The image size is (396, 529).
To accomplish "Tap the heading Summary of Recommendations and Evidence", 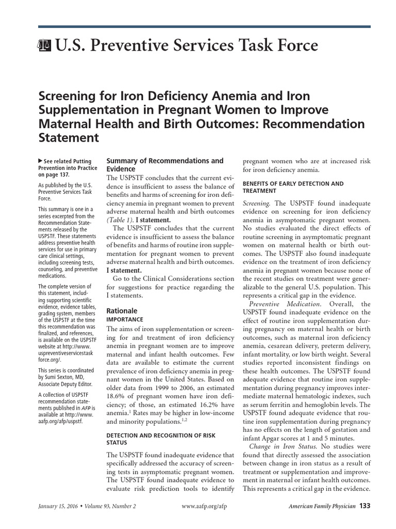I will [x=164, y=165].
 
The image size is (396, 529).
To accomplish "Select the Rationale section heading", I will [x=122, y=311].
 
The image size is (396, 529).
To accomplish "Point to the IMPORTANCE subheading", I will [x=124, y=320].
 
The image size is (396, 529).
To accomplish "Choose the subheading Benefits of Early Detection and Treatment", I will [x=293, y=187].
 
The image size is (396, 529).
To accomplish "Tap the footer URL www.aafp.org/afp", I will [x=205, y=507].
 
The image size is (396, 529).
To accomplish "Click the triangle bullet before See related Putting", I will [x=41, y=162].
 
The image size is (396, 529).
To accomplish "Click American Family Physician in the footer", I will [x=321, y=507].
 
